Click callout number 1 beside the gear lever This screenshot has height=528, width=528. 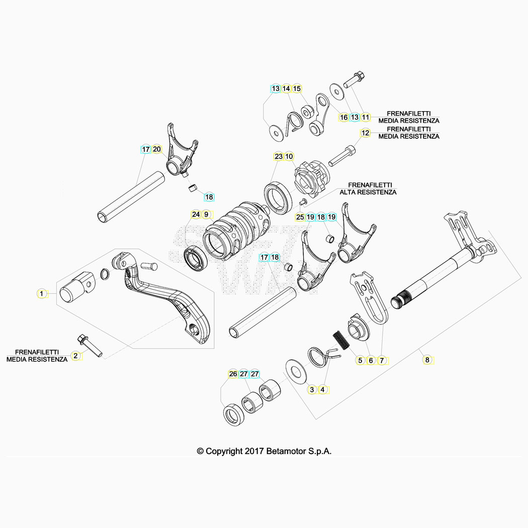(41, 294)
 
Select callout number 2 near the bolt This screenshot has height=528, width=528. (76, 356)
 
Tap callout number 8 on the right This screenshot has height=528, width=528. (427, 360)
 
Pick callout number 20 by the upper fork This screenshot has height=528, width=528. (157, 149)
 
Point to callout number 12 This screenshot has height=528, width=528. (366, 133)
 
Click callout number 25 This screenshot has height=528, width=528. (300, 217)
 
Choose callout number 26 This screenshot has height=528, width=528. (233, 374)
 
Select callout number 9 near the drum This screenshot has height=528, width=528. (206, 214)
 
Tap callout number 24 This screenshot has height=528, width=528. (196, 214)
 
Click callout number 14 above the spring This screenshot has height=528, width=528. (286, 89)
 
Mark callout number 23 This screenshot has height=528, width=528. (279, 156)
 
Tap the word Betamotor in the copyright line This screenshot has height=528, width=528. (286, 451)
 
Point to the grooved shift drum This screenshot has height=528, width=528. (236, 231)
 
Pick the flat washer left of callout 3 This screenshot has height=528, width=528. (296, 372)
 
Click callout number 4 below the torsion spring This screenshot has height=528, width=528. (323, 390)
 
